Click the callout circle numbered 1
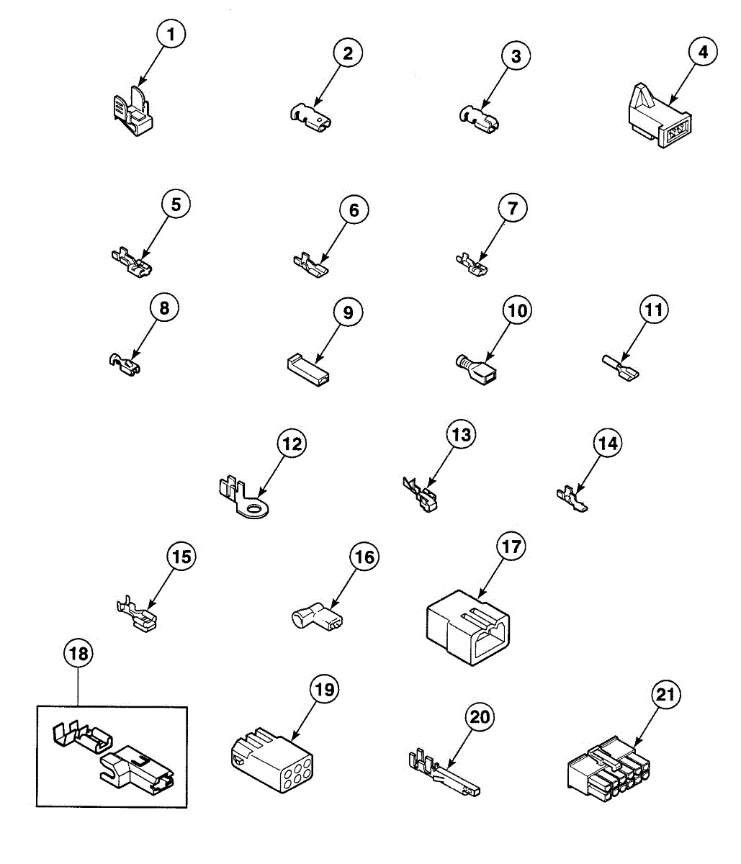pos(170,35)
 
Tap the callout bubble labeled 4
pos(703,52)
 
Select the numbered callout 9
pos(348,312)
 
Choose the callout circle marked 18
pos(78,653)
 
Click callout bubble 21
pos(666,696)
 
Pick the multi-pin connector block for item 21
pos(608,772)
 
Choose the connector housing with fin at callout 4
pos(657,122)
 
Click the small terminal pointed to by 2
pos(310,117)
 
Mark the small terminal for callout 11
pos(620,367)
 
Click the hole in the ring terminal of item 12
pos(254,511)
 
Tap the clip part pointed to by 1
pos(134,114)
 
